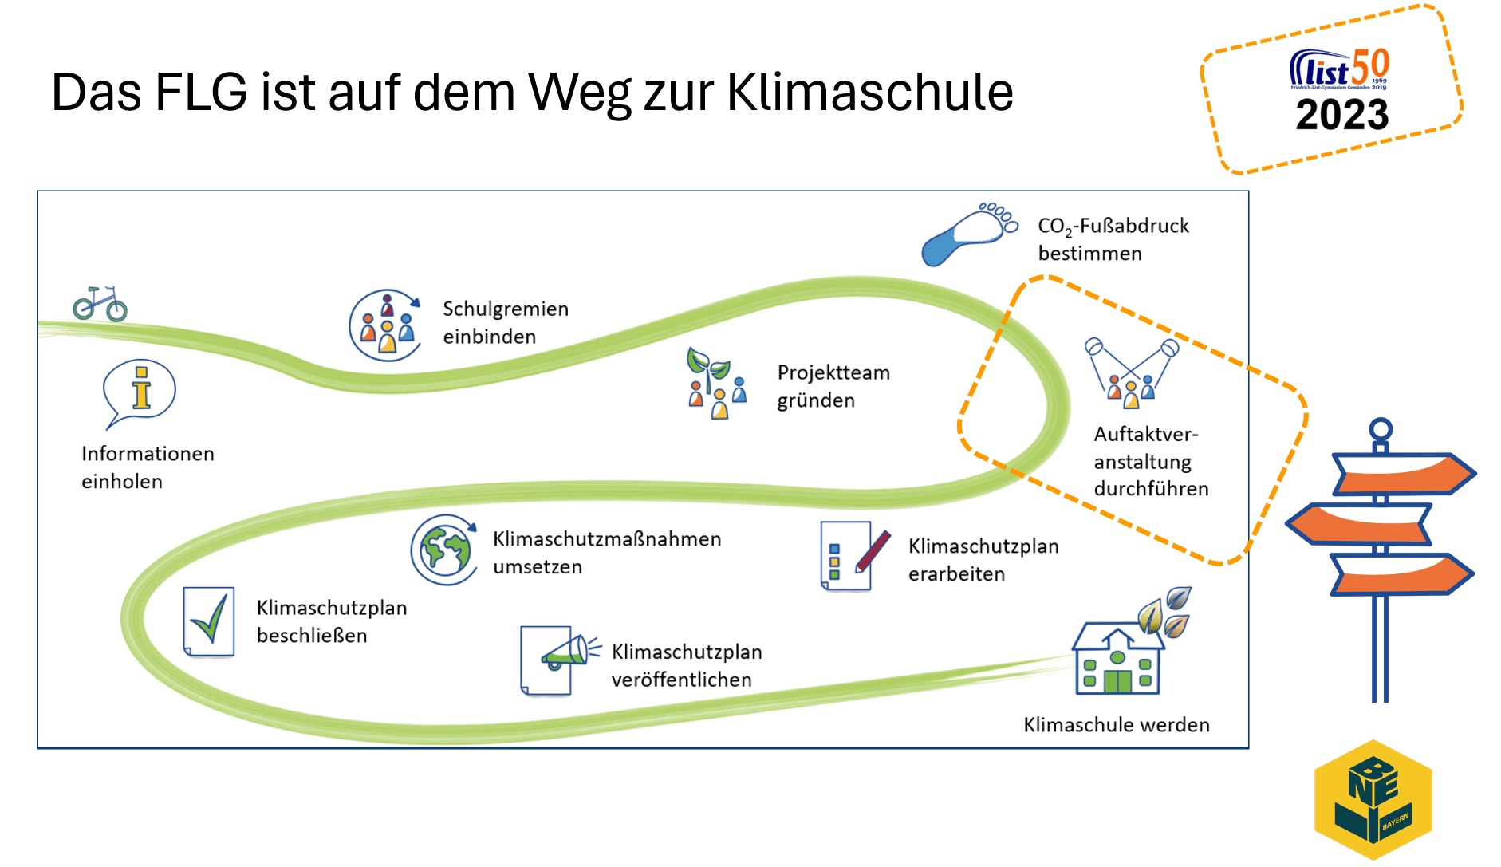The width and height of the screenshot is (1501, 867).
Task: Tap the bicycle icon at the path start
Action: pyautogui.click(x=100, y=304)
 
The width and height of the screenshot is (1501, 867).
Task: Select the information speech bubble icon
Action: pyautogui.click(x=140, y=391)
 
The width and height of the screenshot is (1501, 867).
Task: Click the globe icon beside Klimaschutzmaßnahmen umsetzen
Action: pyautogui.click(x=444, y=550)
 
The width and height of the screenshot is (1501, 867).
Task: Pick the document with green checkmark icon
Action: pyautogui.click(x=209, y=621)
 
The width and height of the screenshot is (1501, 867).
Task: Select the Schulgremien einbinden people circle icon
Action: pyautogui.click(x=385, y=325)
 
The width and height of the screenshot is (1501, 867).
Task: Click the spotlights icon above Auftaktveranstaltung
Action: pyautogui.click(x=1130, y=369)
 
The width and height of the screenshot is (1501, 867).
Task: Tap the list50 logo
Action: pyautogui.click(x=1340, y=69)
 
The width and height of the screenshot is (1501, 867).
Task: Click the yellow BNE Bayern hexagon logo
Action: pyautogui.click(x=1373, y=799)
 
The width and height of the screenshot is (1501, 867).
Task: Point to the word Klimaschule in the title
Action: pyautogui.click(x=869, y=93)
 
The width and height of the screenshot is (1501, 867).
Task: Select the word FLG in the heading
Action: pyautogui.click(x=201, y=93)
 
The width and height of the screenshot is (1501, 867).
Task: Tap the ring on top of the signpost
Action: pyautogui.click(x=1381, y=429)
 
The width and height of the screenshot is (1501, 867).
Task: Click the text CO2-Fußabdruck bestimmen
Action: pyautogui.click(x=1113, y=239)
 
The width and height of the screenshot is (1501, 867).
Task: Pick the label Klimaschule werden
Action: pyautogui.click(x=1117, y=725)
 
